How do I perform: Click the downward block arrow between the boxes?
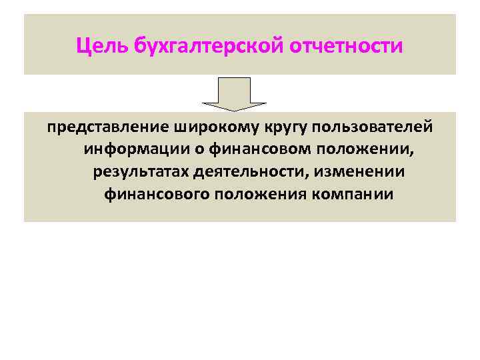click(x=234, y=94)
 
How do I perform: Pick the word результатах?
click(x=141, y=172)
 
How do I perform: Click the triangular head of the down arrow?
click(x=234, y=105)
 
